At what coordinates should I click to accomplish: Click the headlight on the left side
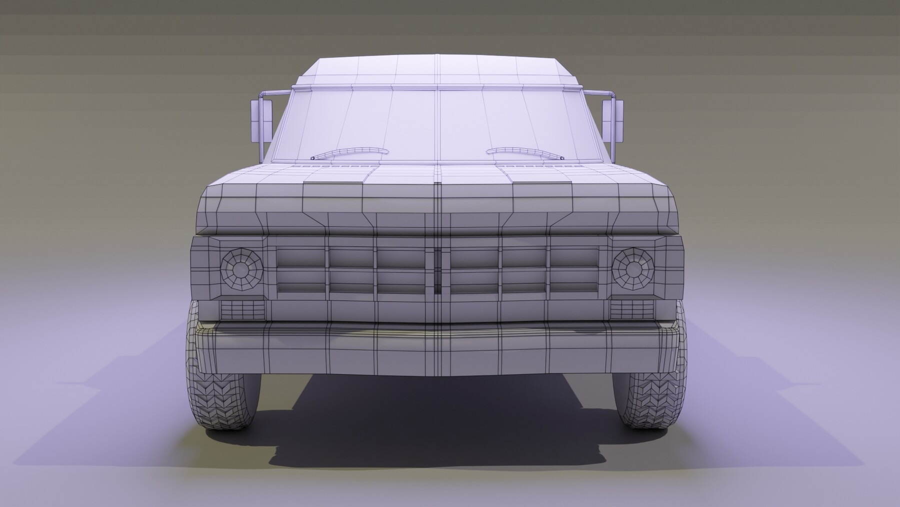pos(241,268)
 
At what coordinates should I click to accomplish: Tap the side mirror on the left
pos(260,120)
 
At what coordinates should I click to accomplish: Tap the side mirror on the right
pos(614,120)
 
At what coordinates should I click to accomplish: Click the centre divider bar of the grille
pos(438,270)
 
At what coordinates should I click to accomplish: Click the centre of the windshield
pos(438,123)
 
